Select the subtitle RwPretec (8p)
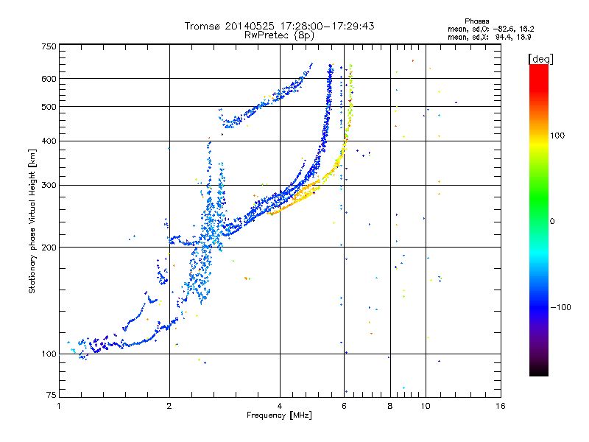tap(279, 35)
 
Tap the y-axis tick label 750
tap(49, 46)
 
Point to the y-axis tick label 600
tap(49, 79)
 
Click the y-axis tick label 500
tap(49, 107)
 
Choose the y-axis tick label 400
tap(49, 141)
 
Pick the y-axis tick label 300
tap(49, 185)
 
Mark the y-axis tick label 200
tap(49, 248)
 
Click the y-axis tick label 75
tap(52, 395)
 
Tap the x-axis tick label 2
tap(169, 406)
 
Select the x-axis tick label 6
tap(344, 406)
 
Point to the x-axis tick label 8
tap(390, 406)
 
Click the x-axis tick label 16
tap(501, 406)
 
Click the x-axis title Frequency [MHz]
tap(279, 415)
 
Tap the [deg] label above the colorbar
tap(540, 59)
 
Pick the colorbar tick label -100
tap(561, 307)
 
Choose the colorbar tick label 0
tap(552, 222)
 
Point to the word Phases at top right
tap(476, 21)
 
